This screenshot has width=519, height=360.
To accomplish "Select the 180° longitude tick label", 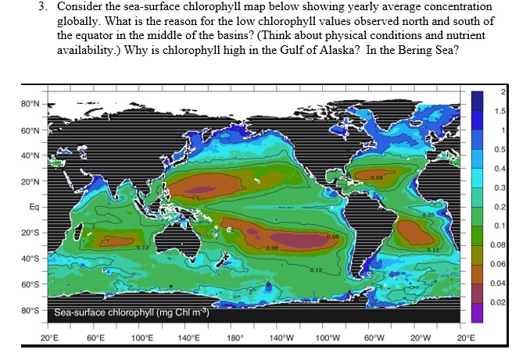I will (234, 338).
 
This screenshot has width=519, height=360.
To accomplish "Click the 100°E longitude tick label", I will (141, 338).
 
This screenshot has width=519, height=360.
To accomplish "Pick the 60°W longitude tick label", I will (372, 338).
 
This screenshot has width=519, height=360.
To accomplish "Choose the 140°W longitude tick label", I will (280, 338).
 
